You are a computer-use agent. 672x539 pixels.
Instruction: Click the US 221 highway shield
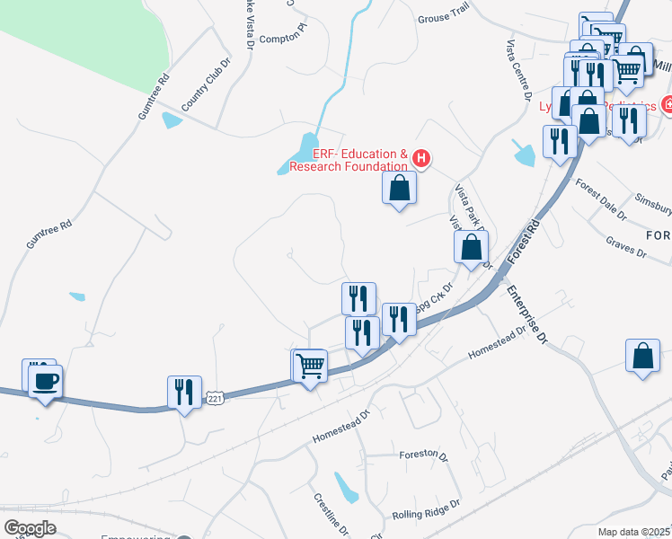[x=214, y=396]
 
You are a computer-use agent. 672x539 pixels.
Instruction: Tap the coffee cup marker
[x=44, y=380]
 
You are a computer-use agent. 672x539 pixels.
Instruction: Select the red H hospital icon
[x=421, y=160]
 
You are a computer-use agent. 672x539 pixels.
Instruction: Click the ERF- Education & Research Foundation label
[x=359, y=160]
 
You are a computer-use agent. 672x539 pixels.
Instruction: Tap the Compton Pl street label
[x=283, y=38]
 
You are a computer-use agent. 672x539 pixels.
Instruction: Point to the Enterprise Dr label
[x=527, y=314]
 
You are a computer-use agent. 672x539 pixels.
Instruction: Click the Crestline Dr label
[x=325, y=512]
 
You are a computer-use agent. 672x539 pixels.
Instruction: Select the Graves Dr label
[x=626, y=247]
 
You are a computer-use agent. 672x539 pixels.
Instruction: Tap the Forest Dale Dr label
[x=601, y=199]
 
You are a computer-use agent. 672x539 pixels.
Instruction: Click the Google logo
[x=30, y=528]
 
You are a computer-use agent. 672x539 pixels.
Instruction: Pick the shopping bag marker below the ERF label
[x=400, y=189]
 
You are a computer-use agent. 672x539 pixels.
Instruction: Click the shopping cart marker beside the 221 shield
[x=310, y=366]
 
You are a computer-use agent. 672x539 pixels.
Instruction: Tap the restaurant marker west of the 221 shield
[x=184, y=392]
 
